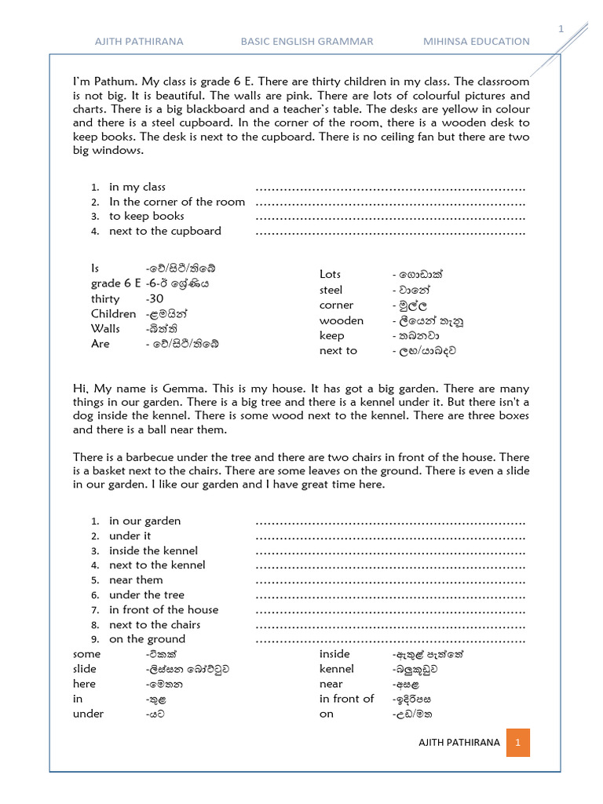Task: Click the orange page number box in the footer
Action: point(518,742)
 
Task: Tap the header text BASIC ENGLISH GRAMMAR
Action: point(307,41)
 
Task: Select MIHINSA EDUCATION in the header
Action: point(477,41)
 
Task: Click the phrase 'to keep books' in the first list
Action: point(147,216)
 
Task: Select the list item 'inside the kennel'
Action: point(153,550)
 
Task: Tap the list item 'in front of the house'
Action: point(163,609)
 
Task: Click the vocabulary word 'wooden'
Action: point(342,320)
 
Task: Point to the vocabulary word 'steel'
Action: point(331,290)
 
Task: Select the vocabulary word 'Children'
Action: point(113,313)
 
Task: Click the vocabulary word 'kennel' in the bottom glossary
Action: point(336,669)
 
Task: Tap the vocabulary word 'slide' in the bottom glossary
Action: point(85,669)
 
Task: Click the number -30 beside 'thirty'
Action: point(155,298)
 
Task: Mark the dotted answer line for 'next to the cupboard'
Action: point(390,232)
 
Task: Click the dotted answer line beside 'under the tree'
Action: point(390,595)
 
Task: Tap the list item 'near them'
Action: point(136,580)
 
